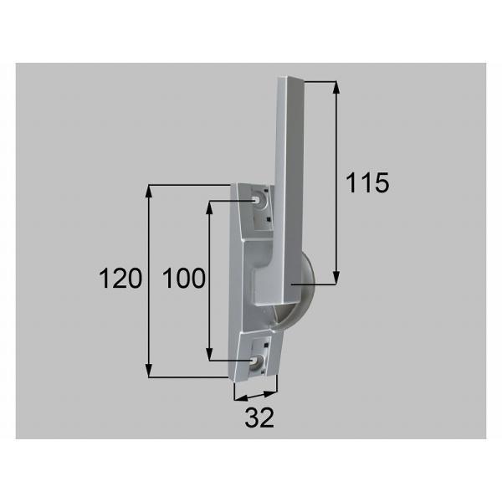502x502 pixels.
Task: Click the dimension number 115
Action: [x=367, y=182]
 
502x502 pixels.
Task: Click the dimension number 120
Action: [x=120, y=279]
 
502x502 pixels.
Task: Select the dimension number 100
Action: [x=184, y=279]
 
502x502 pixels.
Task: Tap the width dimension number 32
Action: [x=259, y=417]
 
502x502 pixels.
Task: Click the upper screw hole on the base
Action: [x=257, y=201]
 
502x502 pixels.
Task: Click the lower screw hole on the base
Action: [x=255, y=361]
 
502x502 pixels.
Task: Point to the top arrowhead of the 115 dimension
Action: [x=336, y=87]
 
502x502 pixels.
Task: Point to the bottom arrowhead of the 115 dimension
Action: [x=336, y=278]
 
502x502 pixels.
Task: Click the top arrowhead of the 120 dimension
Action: [x=148, y=191]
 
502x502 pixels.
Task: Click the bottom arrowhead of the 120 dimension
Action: [x=148, y=371]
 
